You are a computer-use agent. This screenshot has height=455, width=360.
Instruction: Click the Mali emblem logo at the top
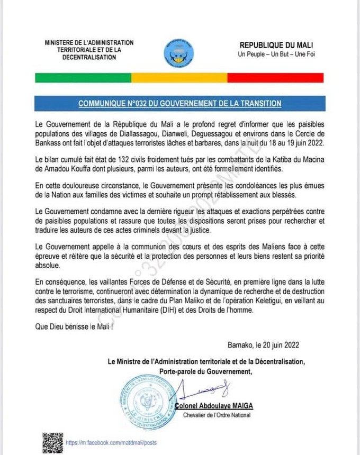click(x=180, y=51)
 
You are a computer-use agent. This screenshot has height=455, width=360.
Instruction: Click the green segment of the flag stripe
click(x=83, y=77)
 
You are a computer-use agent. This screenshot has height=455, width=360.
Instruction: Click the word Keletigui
click(x=253, y=302)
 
